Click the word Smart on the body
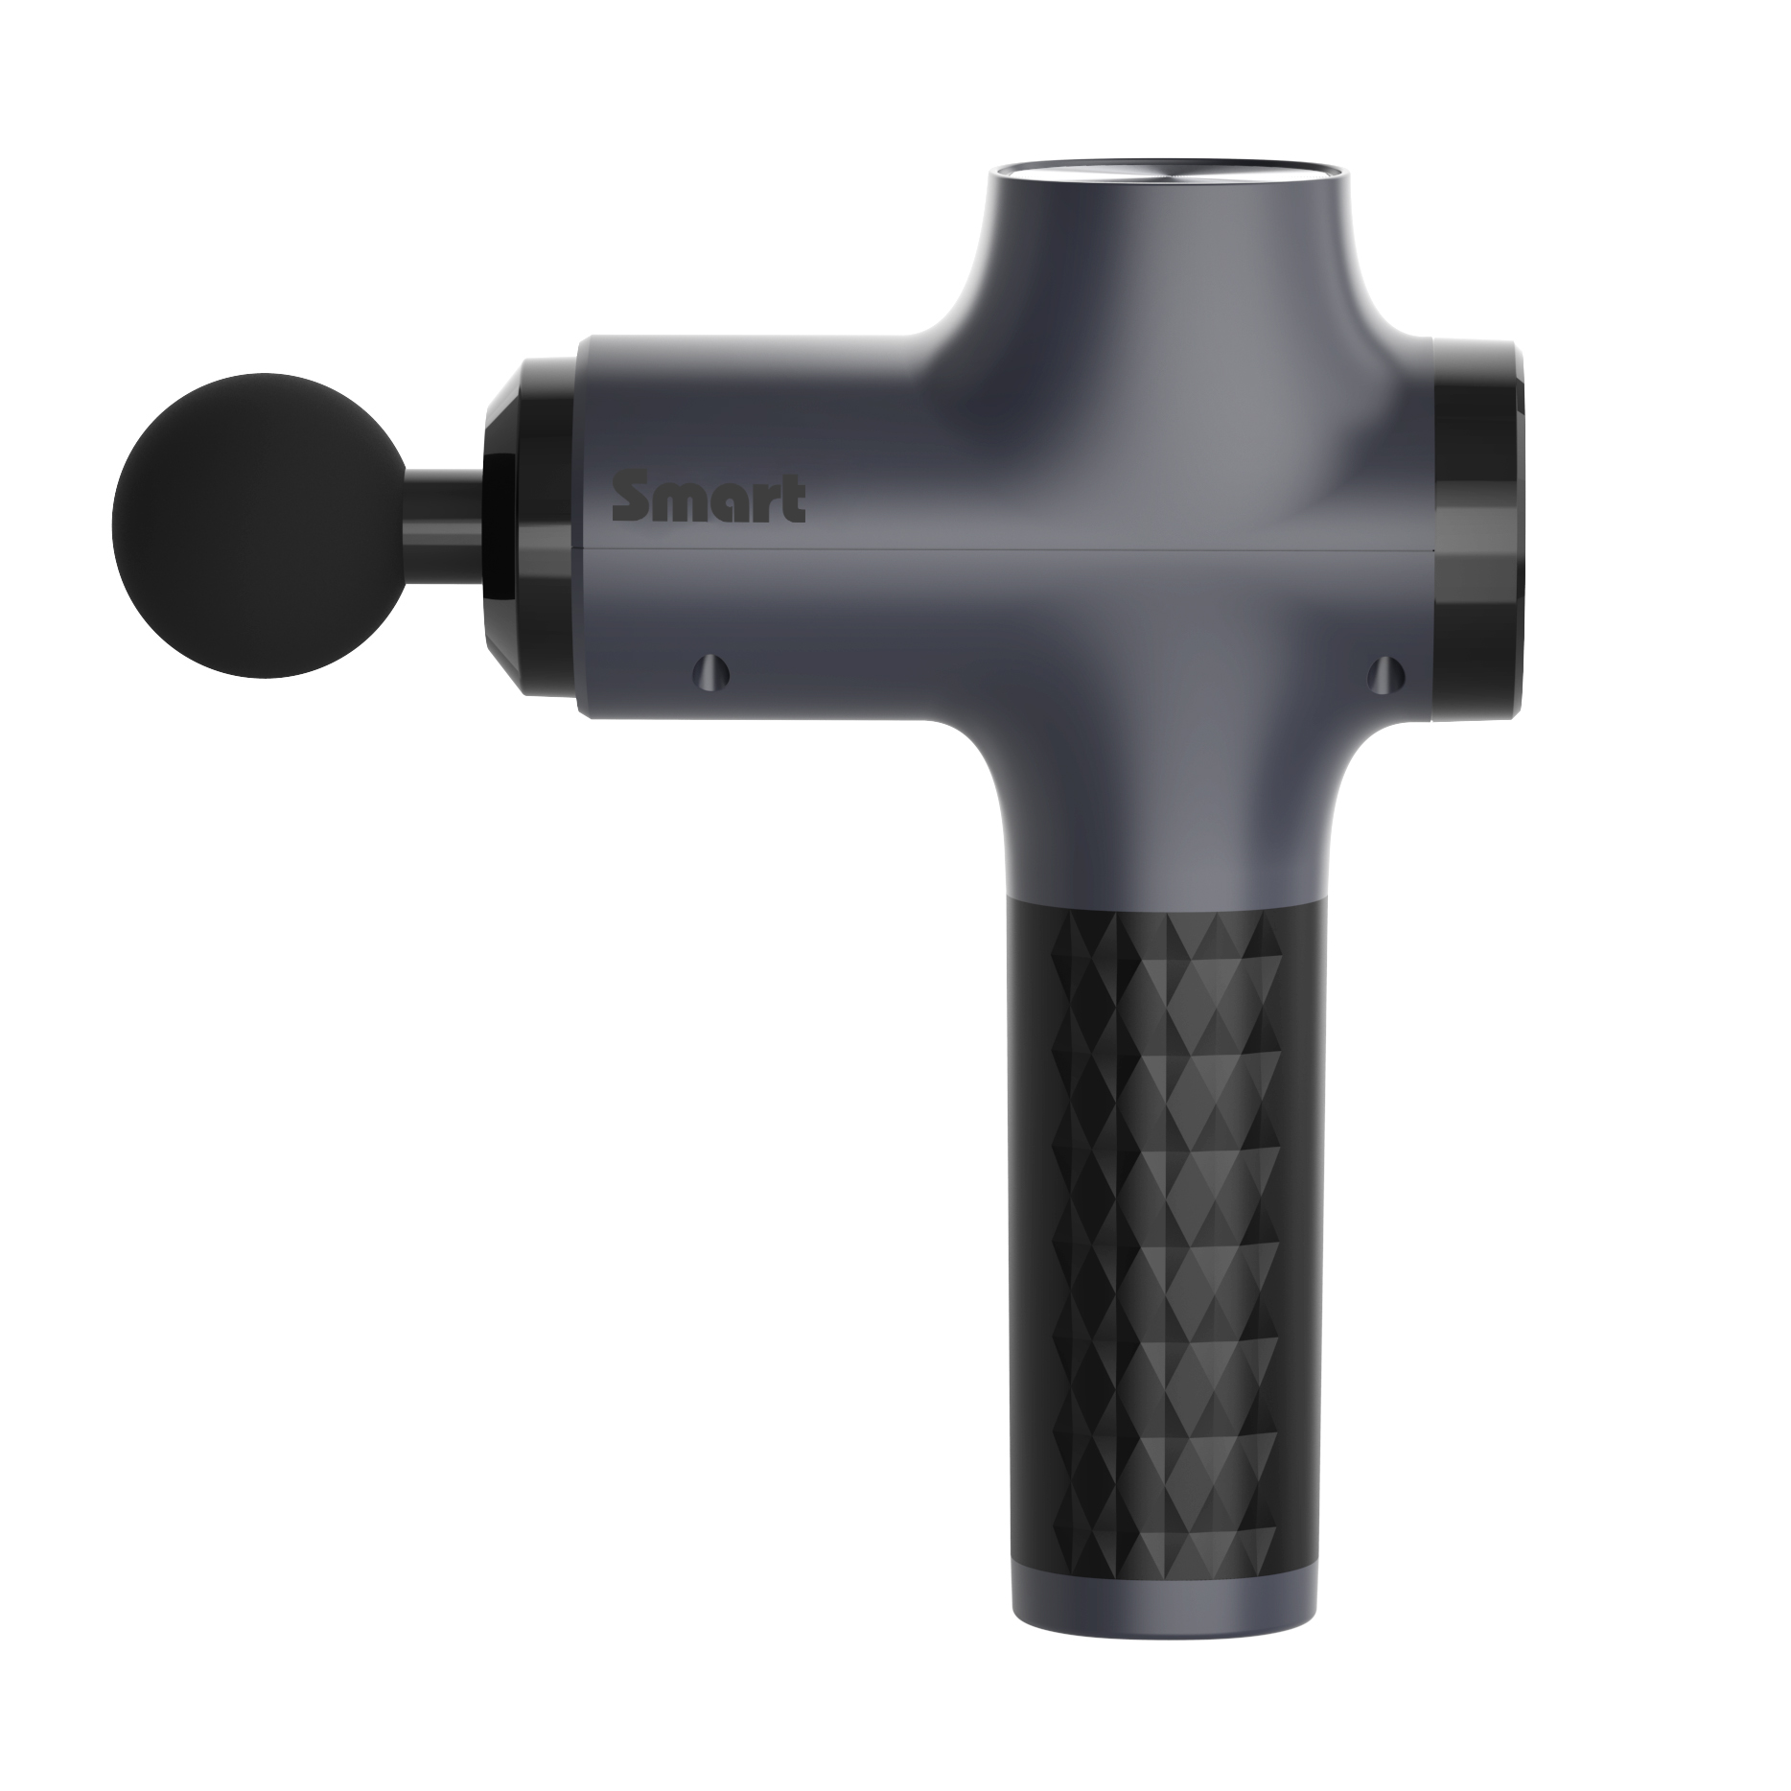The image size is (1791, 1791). [x=709, y=500]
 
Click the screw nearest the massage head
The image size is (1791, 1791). [x=709, y=668]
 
